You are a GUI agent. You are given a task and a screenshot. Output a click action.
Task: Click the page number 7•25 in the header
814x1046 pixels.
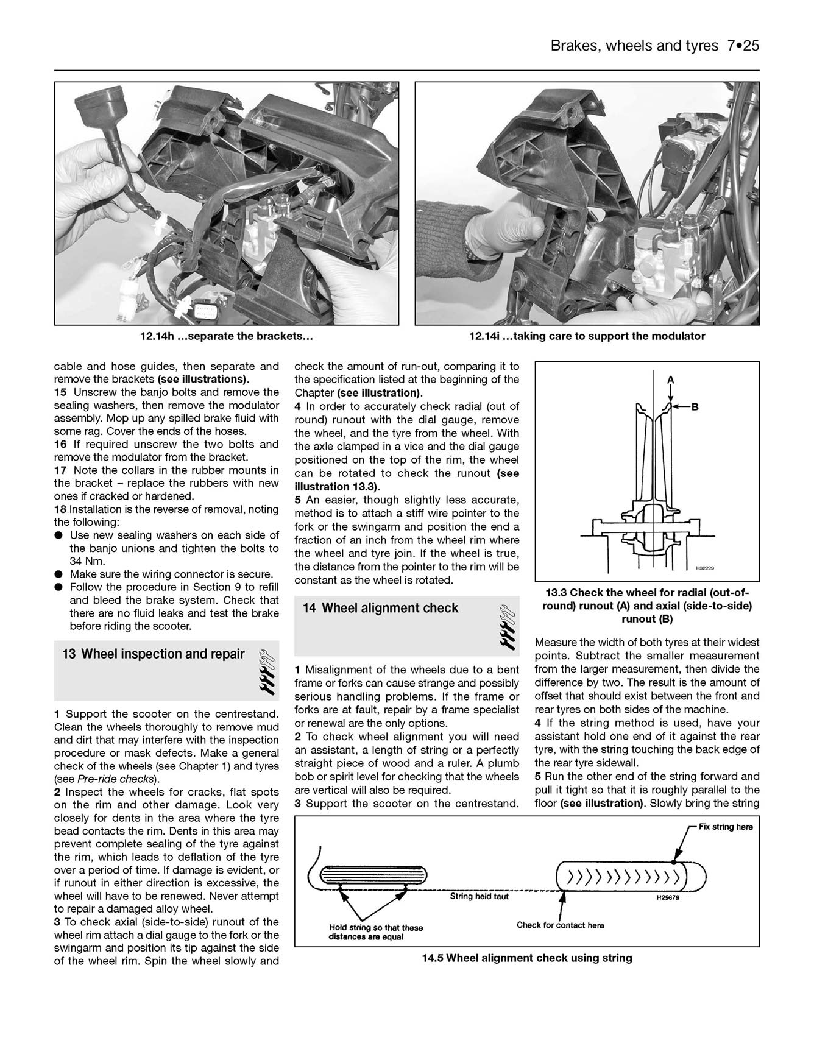coord(742,46)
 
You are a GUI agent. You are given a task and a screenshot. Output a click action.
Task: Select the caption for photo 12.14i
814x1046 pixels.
coord(587,336)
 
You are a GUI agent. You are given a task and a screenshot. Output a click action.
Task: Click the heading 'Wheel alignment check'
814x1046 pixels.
coord(389,608)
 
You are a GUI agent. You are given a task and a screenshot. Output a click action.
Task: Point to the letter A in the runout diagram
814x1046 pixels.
coord(671,380)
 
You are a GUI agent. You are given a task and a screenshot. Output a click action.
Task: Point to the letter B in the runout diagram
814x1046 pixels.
coord(694,407)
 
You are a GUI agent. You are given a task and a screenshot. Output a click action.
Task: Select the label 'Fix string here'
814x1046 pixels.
coord(725,827)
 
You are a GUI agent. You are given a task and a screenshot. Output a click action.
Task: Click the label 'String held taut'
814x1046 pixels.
coord(479,896)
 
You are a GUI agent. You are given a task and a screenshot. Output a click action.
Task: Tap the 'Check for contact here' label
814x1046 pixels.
coord(560,925)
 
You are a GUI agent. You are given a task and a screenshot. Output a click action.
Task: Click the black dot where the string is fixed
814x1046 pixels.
coord(673,862)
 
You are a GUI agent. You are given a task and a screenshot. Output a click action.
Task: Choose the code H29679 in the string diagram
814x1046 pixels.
coord(668,897)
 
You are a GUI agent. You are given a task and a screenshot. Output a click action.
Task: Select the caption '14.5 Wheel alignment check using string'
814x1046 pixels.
coord(526,958)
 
